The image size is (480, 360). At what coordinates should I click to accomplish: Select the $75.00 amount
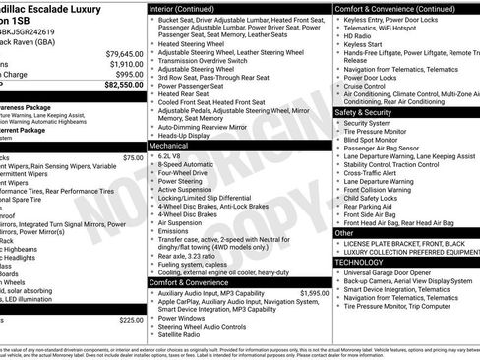click(133, 157)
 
